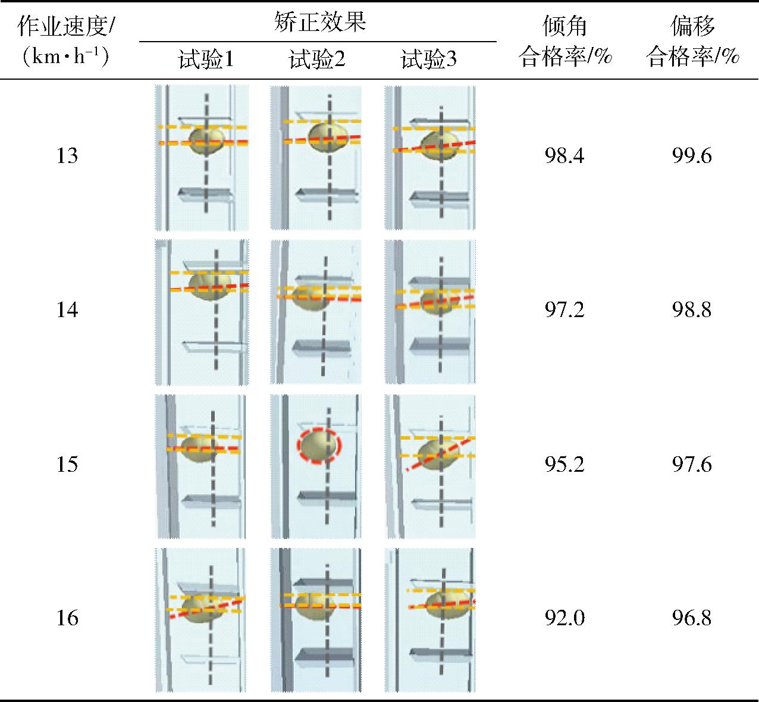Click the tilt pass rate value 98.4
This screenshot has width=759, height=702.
(x=564, y=156)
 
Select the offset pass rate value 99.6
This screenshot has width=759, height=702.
(x=692, y=156)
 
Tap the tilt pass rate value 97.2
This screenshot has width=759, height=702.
(x=564, y=309)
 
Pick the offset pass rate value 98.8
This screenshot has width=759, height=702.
(x=692, y=309)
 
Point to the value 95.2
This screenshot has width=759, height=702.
(x=564, y=464)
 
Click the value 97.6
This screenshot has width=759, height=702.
(x=692, y=464)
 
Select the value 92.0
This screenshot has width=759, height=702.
(x=564, y=618)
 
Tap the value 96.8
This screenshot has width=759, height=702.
(x=692, y=618)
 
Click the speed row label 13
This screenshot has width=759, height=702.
(x=67, y=156)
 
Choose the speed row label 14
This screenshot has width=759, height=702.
(x=67, y=309)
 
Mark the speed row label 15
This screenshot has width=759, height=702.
(x=67, y=464)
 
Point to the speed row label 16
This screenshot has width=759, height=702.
(x=67, y=618)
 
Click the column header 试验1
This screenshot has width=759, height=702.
(x=206, y=59)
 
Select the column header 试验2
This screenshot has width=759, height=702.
(x=317, y=59)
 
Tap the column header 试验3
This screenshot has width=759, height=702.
(x=429, y=59)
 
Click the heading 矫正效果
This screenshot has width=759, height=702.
(x=320, y=21)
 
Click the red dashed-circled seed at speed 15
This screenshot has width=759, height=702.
(x=319, y=446)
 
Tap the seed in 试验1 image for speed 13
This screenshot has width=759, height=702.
(x=207, y=141)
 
